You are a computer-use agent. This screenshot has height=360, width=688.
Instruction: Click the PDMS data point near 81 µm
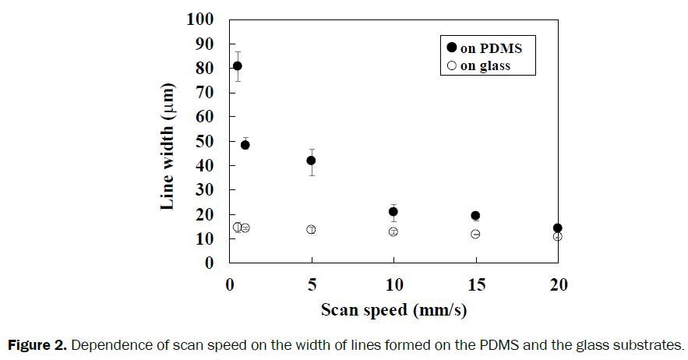pos(238,65)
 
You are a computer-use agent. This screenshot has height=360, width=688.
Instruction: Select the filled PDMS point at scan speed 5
pos(311,161)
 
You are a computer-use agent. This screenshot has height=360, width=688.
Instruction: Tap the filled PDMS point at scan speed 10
pos(393,211)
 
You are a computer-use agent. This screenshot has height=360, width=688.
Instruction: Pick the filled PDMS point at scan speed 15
pos(475,216)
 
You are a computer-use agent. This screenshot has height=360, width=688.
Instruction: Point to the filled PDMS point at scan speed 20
pos(557,228)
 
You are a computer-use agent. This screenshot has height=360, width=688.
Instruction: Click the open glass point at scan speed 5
pos(311,229)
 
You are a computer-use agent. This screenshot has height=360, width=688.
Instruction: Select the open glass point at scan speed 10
pos(393,231)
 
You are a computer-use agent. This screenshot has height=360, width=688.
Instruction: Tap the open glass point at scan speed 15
pos(475,234)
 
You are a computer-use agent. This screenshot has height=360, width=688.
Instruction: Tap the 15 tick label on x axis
pos(475,284)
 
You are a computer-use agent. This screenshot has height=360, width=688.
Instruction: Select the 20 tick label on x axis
pos(557,284)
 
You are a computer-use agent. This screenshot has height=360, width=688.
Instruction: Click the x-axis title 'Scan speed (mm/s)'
pos(393,309)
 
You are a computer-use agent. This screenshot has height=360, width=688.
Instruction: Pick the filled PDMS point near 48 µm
pos(245,145)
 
